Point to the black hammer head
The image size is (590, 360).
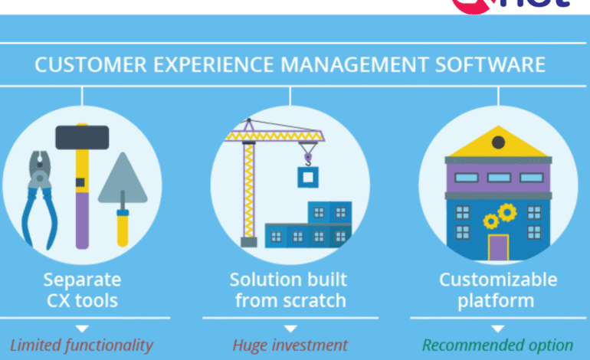tap(83, 138)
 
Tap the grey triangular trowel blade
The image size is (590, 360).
tap(123, 180)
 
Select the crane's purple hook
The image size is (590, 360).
tap(308, 156)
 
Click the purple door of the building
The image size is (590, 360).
tap(498, 247)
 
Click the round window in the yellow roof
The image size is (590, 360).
tap(499, 142)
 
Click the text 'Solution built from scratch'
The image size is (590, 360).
tap(290, 289)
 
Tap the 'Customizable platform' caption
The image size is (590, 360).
tap(498, 289)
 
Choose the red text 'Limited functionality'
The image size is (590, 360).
tap(81, 345)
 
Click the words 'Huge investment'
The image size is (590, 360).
tap(290, 345)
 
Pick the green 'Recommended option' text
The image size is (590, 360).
tap(498, 345)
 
